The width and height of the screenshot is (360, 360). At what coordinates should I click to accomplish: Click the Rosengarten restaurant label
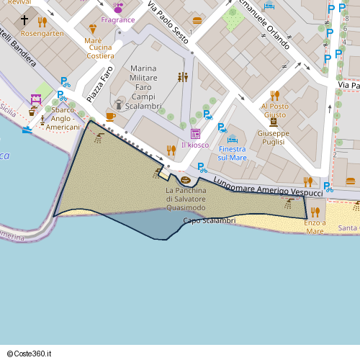tap(42, 33)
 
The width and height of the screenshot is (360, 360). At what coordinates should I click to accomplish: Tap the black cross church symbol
tap(25, 20)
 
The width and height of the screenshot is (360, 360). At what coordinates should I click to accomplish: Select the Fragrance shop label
tap(117, 19)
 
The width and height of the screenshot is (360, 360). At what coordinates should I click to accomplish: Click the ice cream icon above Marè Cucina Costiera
tap(92, 30)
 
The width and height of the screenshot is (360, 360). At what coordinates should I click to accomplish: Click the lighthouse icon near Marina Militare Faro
tap(119, 104)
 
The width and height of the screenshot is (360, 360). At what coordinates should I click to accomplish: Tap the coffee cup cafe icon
tap(110, 116)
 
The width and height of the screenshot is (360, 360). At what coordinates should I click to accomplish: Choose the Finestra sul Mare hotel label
tap(232, 153)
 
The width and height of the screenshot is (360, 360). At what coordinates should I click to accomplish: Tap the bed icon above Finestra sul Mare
tap(232, 139)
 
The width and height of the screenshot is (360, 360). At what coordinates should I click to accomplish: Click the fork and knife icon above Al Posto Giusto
tap(274, 95)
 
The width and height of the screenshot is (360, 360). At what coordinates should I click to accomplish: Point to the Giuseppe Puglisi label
tap(273, 138)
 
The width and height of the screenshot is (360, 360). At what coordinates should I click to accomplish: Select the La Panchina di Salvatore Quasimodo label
tap(186, 199)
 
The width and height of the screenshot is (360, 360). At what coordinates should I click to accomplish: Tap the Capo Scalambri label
tap(210, 220)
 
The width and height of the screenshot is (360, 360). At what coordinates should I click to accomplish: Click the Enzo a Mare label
tap(315, 227)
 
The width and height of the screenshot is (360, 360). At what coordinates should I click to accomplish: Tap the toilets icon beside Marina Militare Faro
tap(183, 77)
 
